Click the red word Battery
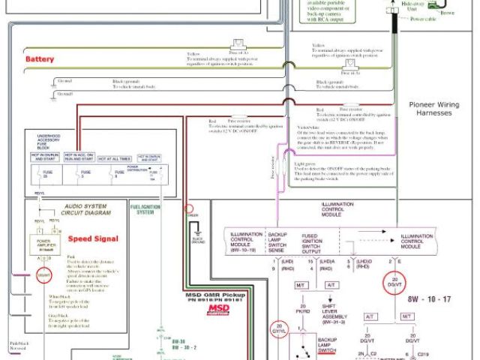click(39, 58)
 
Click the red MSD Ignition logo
click(219, 309)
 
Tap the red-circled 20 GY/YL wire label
click(278, 328)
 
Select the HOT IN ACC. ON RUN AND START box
click(85, 158)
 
